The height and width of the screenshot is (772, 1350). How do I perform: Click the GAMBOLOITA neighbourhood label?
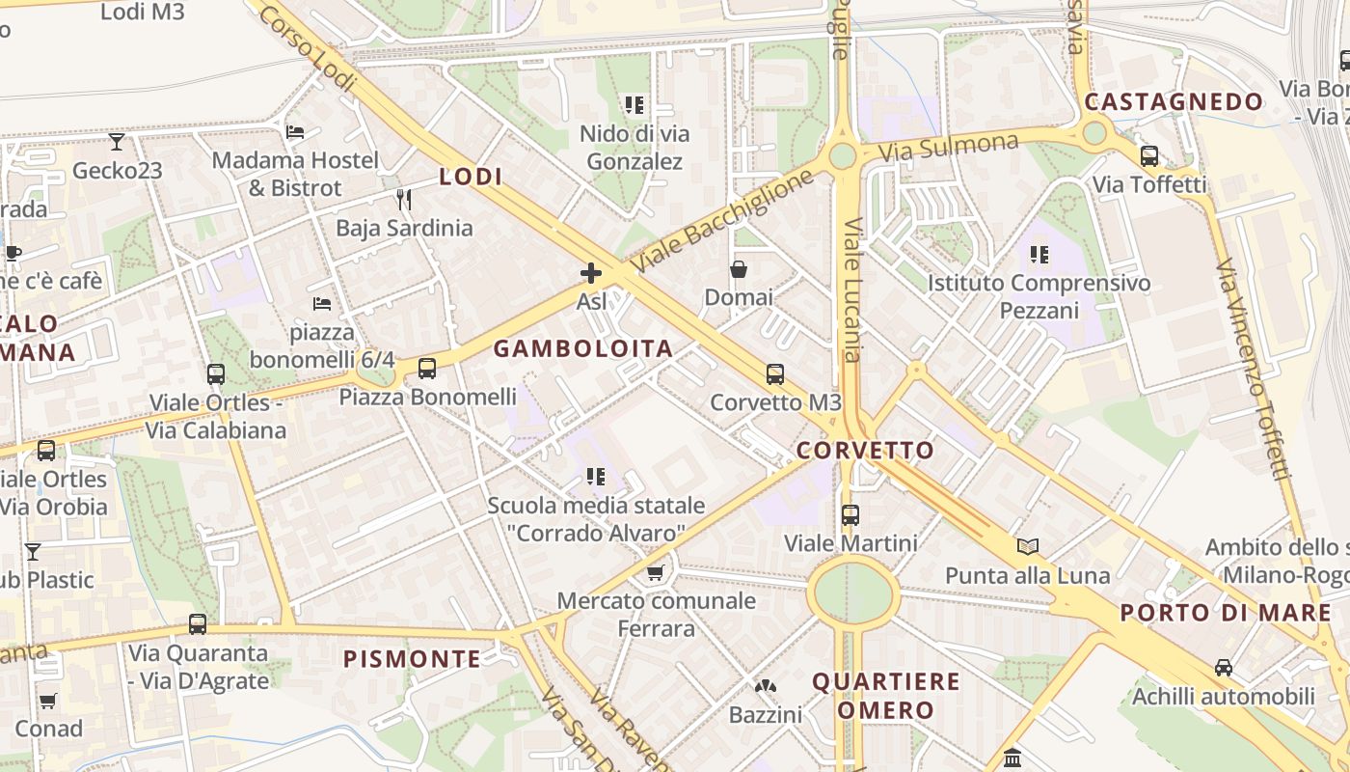point(582,349)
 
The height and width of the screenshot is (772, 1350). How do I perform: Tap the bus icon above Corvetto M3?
point(775,374)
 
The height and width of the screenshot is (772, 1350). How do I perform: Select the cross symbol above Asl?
point(591,273)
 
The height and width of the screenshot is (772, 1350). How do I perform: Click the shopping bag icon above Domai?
point(739,268)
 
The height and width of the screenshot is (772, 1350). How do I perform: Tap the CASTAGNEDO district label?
point(1174,102)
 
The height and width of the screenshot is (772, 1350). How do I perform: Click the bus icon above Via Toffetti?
point(1149,155)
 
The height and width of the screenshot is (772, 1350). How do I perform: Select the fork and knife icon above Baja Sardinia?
point(404,200)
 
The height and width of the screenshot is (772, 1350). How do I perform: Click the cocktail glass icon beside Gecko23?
point(117,142)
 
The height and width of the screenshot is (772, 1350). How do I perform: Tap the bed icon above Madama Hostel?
point(296,131)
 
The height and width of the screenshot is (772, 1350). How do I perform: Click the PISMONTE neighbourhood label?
point(413,659)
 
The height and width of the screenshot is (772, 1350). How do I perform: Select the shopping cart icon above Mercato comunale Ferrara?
point(656,573)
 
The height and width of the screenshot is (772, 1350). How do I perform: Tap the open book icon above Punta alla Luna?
point(1028,547)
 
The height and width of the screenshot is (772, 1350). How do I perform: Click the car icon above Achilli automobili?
point(1224,668)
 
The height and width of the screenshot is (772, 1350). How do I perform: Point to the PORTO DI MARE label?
point(1226,613)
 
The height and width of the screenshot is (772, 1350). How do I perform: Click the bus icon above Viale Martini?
point(850,515)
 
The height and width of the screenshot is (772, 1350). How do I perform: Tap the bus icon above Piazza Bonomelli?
point(427,368)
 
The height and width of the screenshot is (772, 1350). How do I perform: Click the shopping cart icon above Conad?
point(48,701)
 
